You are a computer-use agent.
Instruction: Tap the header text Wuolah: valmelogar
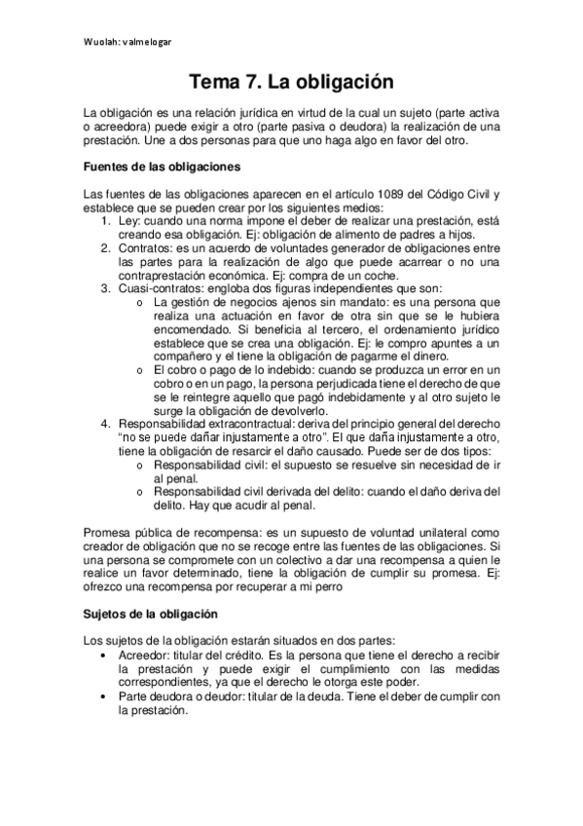[129, 41]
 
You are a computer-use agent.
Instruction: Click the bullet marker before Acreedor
[104, 656]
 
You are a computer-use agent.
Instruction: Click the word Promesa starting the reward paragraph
[109, 533]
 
